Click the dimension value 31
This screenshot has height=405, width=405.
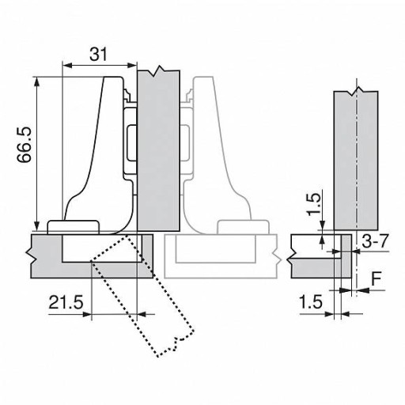click(x=99, y=55)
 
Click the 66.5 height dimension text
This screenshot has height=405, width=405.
click(x=25, y=145)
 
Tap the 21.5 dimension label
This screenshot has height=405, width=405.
click(x=66, y=302)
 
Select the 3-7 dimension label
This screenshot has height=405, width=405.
click(x=375, y=241)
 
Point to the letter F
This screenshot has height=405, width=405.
click(x=377, y=278)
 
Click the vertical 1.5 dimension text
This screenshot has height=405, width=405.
click(x=315, y=204)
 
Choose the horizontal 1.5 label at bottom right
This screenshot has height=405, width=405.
click(x=311, y=302)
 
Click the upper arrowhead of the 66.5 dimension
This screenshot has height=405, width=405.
click(x=37, y=82)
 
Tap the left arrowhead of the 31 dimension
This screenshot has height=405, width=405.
click(x=67, y=65)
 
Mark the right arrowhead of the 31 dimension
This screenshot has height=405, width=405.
click(x=132, y=65)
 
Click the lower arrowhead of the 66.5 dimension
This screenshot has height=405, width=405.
click(x=37, y=225)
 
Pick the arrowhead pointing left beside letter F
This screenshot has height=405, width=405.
click(x=363, y=290)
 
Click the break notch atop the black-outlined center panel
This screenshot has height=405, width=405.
click(x=159, y=71)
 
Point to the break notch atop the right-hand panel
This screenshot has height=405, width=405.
click(x=356, y=92)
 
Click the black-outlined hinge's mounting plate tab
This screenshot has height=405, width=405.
click(x=74, y=227)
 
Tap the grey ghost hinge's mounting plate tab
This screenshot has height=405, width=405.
click(x=243, y=227)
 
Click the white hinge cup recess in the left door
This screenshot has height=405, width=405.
click(x=102, y=248)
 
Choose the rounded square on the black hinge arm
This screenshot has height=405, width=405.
click(x=131, y=143)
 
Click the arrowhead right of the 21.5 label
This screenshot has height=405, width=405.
click(x=142, y=314)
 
